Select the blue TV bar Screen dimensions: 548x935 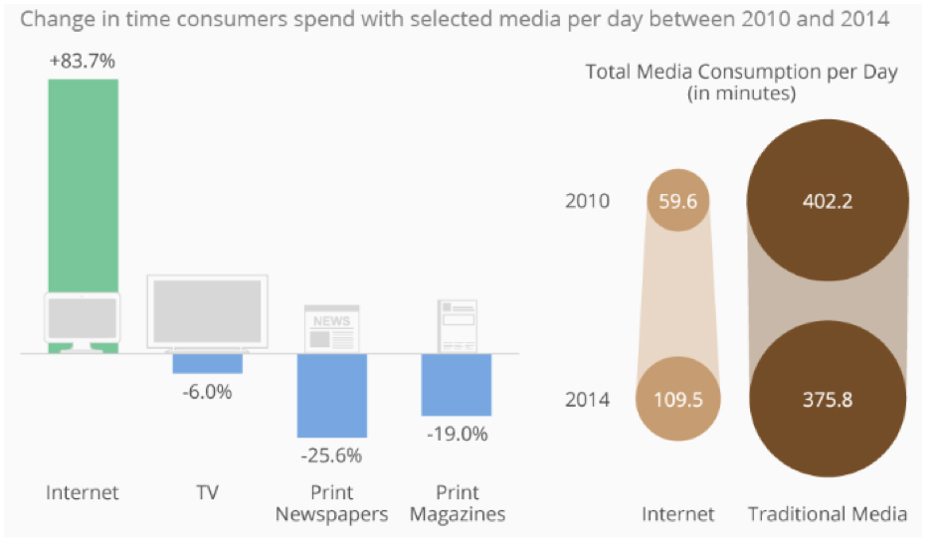207,363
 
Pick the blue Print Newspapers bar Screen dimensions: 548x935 332,395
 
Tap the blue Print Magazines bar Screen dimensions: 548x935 457,384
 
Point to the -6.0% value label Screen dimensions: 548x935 207,392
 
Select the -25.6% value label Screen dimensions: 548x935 332,456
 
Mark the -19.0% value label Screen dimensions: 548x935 457,434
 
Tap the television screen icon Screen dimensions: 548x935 207,311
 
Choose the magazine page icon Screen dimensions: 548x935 457,325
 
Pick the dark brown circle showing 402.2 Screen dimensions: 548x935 828,202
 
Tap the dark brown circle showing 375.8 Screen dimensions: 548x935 828,401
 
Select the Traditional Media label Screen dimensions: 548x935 828,514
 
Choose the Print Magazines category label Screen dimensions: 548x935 457,503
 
